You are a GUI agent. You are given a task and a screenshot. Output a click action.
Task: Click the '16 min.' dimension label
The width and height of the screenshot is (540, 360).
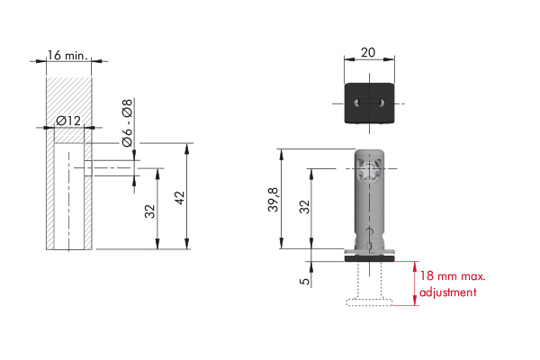click(x=67, y=56)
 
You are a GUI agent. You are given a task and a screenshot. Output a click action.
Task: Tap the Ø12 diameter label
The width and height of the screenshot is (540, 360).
click(x=68, y=121)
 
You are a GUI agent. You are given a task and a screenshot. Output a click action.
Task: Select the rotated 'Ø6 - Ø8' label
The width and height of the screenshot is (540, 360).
click(x=127, y=122)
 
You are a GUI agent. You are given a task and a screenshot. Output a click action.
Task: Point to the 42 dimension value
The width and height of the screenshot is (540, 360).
click(x=180, y=198)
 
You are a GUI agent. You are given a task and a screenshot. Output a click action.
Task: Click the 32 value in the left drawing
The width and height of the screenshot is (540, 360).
click(x=150, y=211)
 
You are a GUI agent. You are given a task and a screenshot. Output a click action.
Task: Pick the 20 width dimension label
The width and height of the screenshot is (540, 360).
click(x=368, y=52)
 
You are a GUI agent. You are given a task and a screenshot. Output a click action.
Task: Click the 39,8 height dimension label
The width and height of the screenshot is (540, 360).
click(x=274, y=200)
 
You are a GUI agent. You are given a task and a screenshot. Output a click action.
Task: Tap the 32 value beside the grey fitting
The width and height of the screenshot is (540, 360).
click(x=305, y=207)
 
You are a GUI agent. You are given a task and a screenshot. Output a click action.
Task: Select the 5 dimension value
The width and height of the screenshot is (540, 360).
click(x=305, y=281)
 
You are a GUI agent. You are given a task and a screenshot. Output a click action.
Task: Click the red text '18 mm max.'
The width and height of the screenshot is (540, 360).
click(x=453, y=276)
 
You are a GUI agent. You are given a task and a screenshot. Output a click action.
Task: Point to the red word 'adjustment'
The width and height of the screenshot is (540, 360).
click(x=447, y=292)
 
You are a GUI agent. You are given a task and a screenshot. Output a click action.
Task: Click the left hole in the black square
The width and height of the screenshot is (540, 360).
click(x=357, y=103)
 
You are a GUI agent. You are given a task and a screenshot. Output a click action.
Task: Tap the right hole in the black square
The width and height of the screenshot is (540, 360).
click(x=382, y=103)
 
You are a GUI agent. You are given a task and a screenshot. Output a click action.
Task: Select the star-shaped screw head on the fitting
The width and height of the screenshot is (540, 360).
click(x=368, y=170)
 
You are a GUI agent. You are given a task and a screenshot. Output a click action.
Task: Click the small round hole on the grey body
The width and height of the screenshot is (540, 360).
click(x=370, y=230)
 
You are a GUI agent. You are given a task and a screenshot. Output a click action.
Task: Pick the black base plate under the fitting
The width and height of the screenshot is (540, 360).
click(x=370, y=258)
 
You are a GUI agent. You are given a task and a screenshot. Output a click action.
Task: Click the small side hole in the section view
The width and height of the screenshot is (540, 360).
click(x=88, y=168)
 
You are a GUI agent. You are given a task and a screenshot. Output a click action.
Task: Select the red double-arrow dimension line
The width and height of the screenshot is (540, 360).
click(x=416, y=283)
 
